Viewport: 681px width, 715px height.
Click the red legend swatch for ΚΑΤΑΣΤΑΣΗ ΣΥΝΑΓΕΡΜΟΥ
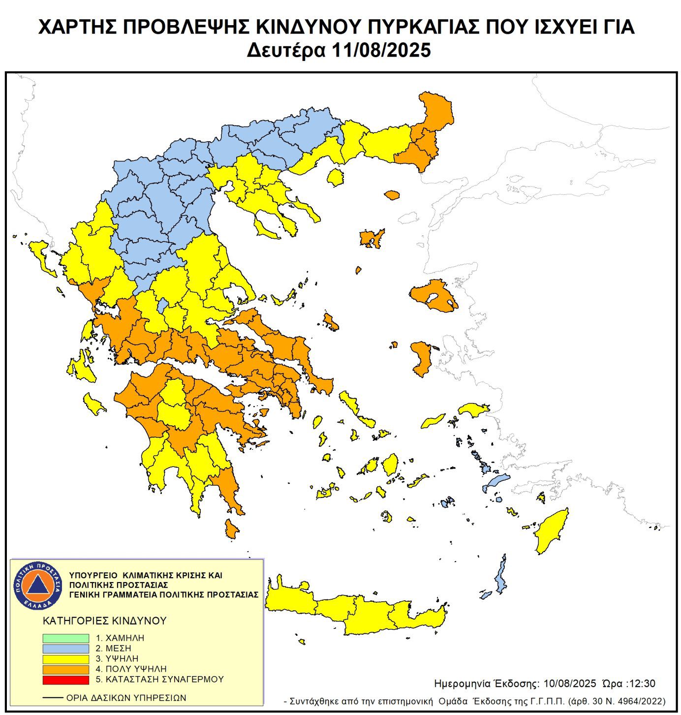tap(65, 680)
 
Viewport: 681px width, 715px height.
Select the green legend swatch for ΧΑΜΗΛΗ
tap(65, 638)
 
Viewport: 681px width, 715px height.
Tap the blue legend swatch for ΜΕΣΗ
tap(65, 649)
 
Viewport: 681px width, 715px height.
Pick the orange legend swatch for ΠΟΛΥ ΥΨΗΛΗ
tap(65, 669)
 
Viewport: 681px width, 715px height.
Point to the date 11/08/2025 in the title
tap(381, 50)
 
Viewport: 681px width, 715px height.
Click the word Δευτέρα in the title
tap(285, 50)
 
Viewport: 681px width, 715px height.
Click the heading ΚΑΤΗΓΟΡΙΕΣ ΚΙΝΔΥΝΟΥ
tap(105, 621)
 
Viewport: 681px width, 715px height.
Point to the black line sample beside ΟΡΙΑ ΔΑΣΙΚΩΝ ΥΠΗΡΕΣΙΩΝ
tap(53, 698)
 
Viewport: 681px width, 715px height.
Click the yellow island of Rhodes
tap(551, 531)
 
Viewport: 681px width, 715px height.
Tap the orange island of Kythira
tap(231, 529)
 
